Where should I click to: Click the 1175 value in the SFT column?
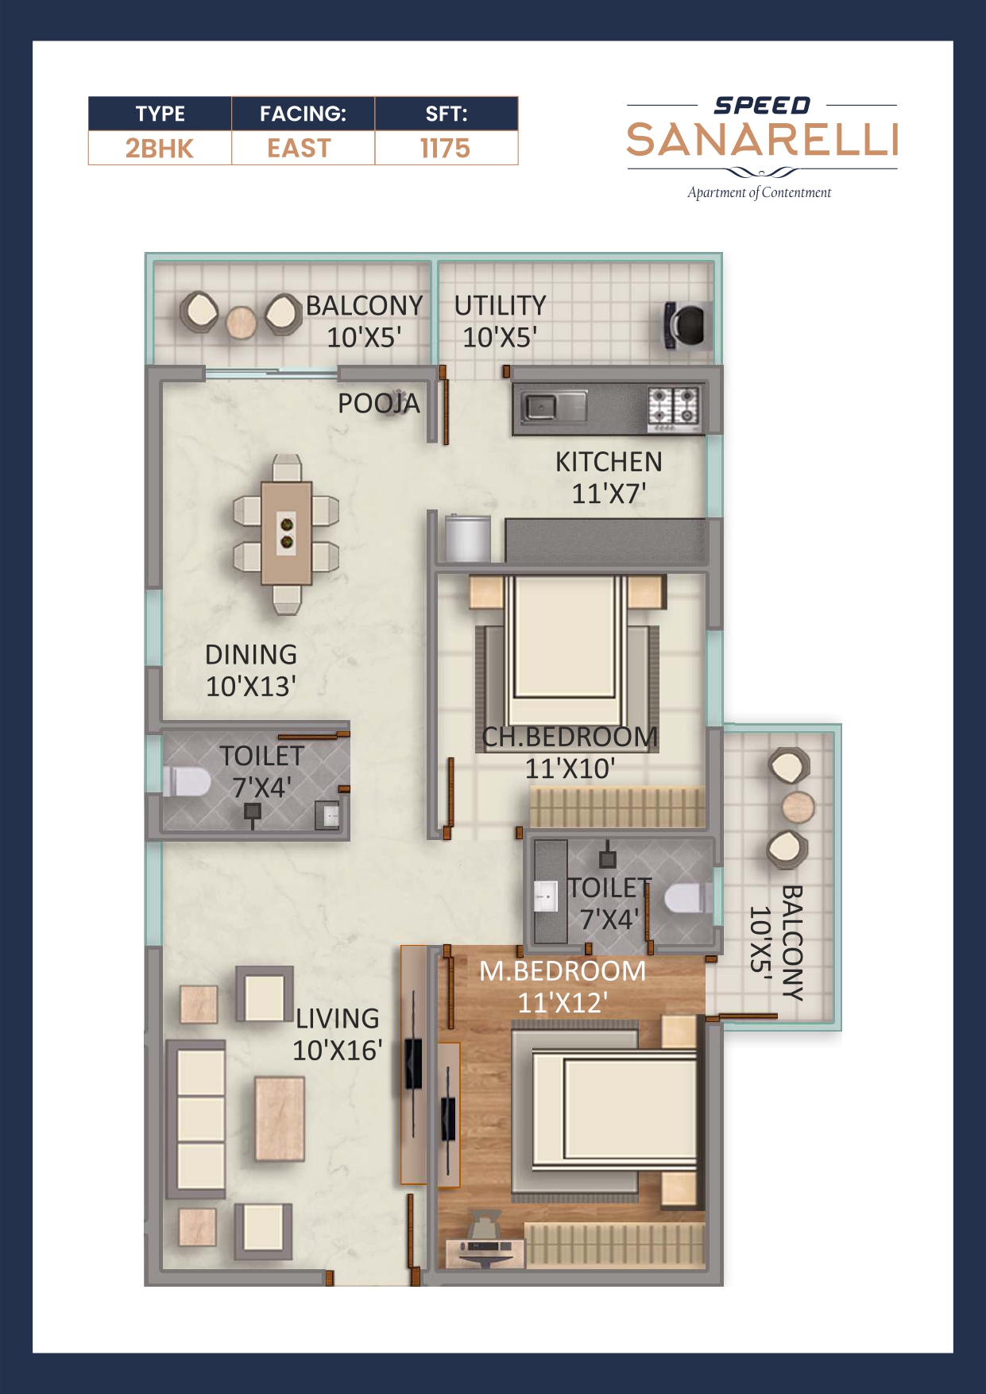click(446, 149)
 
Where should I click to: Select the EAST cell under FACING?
click(300, 149)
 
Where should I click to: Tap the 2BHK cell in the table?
click(159, 149)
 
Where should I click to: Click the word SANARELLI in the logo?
click(762, 141)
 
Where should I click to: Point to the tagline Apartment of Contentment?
click(759, 192)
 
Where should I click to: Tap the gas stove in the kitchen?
click(675, 406)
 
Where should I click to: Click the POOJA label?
click(378, 404)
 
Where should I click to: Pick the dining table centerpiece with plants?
click(286, 532)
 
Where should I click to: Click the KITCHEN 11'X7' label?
click(609, 477)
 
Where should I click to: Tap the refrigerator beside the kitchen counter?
click(468, 539)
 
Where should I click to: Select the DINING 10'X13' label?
click(251, 670)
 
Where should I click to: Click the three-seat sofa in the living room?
click(196, 1120)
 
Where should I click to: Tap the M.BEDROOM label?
click(563, 971)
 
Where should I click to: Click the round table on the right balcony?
click(798, 807)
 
